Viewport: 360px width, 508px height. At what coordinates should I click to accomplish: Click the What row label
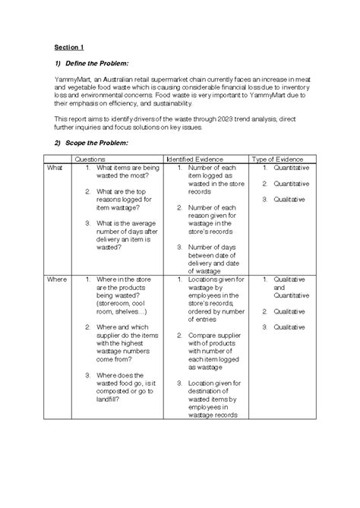click(56, 167)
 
